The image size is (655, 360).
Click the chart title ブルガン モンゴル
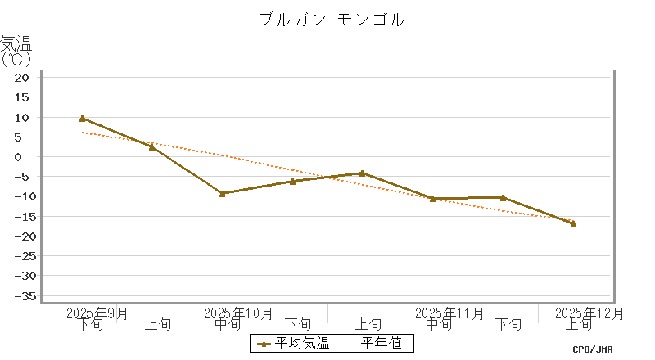(x=331, y=20)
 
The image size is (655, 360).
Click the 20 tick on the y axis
(x=22, y=78)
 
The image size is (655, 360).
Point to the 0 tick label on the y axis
(x=25, y=157)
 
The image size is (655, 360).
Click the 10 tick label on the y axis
(x=22, y=117)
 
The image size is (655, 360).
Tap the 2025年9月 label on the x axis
(x=97, y=313)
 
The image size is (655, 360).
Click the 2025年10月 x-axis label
(x=238, y=313)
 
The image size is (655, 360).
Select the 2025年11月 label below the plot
(x=449, y=313)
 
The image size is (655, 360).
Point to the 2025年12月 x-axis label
(x=589, y=313)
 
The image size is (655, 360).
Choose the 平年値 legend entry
(x=373, y=343)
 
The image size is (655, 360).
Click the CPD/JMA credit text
(x=592, y=349)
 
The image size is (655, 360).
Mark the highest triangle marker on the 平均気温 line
(x=82, y=119)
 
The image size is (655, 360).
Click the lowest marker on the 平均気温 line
(x=573, y=223)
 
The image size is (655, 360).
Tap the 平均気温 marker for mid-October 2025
(x=223, y=193)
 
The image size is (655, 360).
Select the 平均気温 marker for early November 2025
(x=363, y=173)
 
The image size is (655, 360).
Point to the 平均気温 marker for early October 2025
(x=152, y=146)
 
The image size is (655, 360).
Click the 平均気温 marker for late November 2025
(x=503, y=197)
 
